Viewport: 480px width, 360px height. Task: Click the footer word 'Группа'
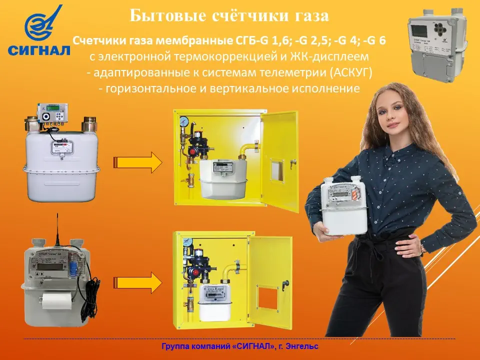[x=174, y=346]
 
